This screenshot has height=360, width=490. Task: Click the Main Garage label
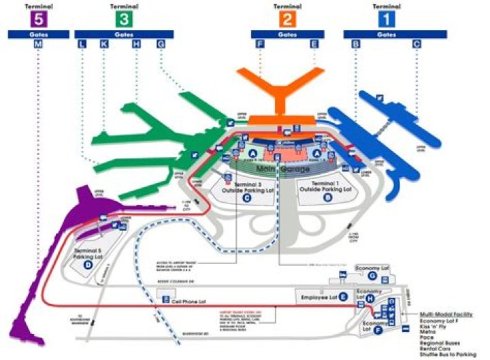[282, 168]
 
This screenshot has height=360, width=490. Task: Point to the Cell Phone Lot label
[188, 297]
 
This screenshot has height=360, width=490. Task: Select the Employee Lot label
[318, 297]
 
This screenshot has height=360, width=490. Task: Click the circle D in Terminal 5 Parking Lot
[88, 265]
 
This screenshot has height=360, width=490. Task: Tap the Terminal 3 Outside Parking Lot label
[246, 188]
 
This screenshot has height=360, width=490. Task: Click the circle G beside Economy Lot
[372, 276]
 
